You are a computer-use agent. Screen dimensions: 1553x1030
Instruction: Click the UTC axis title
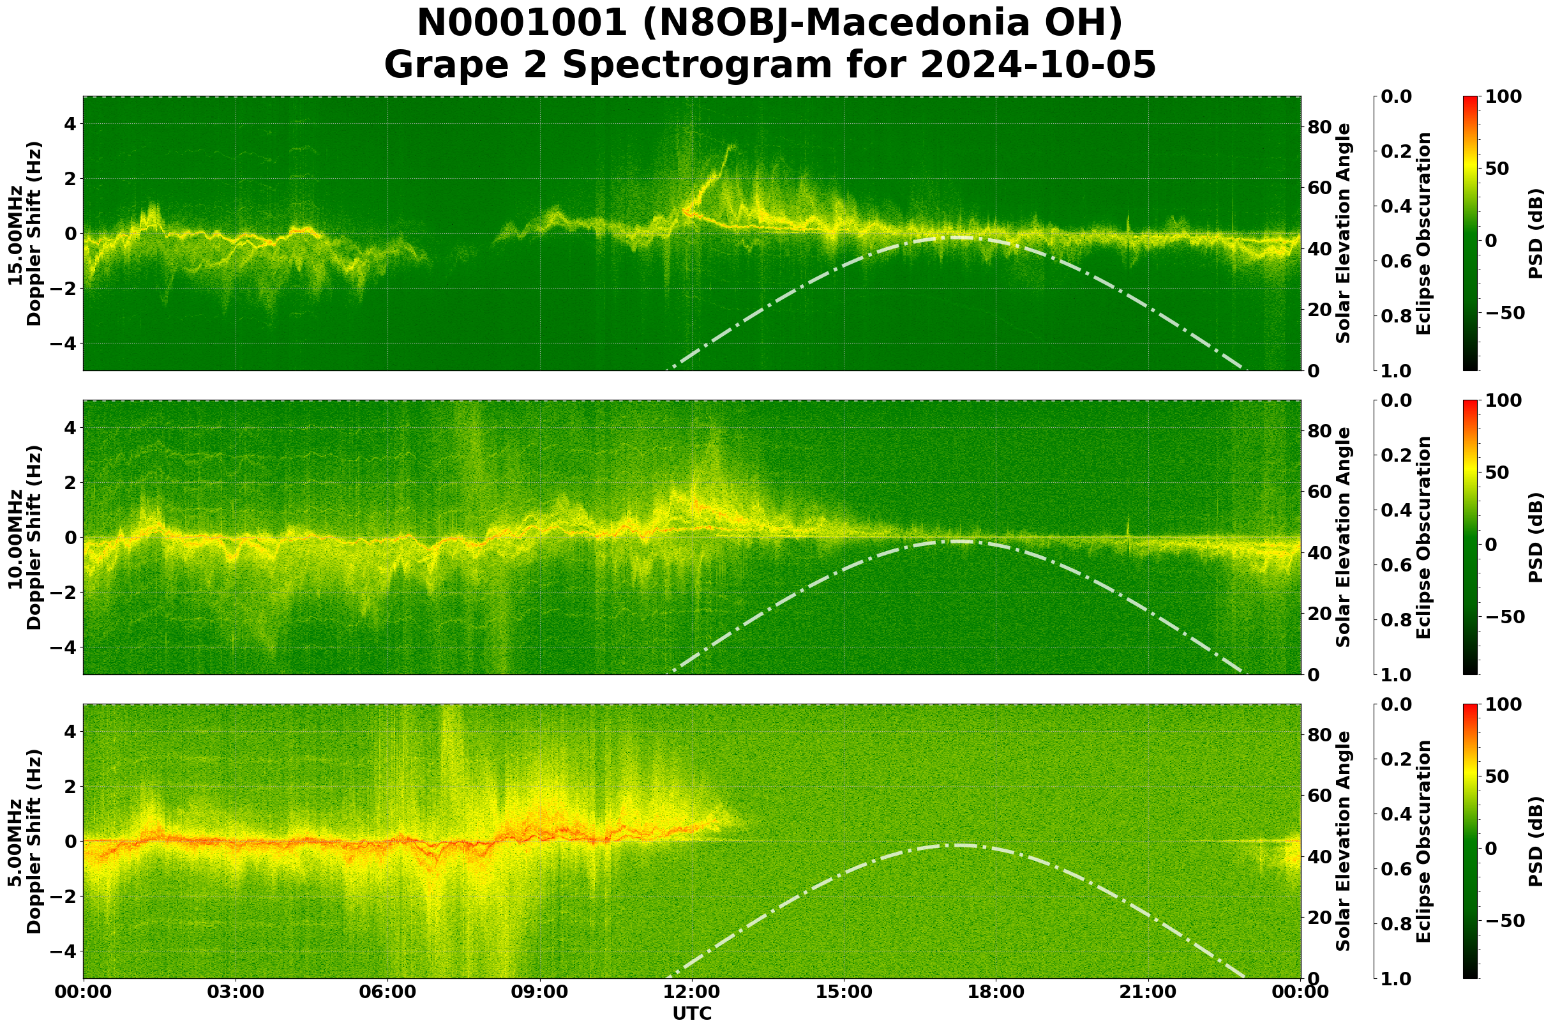692,1013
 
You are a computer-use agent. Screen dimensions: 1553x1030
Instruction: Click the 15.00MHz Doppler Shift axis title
24,233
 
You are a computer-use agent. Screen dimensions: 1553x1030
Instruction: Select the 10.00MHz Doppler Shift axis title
24,537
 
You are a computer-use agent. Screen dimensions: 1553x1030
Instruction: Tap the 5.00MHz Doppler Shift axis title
24,842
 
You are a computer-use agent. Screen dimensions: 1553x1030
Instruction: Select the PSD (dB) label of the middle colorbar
1535,537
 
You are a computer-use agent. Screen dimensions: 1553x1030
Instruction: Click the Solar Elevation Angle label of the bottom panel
1344,842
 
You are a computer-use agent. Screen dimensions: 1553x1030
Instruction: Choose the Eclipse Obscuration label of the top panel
1423,233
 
